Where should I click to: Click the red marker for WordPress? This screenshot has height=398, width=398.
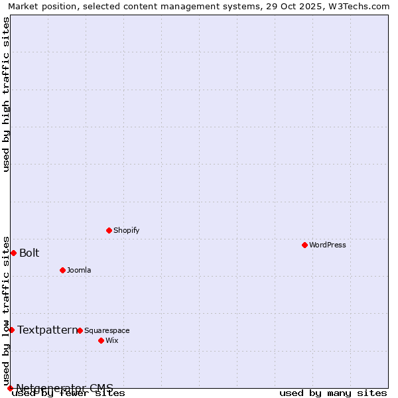[304, 245]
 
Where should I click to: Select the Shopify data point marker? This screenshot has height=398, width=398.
[109, 230]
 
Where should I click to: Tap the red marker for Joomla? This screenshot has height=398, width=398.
[62, 270]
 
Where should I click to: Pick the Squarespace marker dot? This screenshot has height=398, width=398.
[80, 330]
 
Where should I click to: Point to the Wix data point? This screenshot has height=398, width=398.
[101, 340]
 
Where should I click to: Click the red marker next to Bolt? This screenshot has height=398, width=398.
[13, 253]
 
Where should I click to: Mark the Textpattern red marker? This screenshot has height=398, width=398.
[11, 330]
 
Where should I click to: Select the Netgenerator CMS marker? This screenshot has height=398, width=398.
[10, 388]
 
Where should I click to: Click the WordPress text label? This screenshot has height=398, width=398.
[328, 245]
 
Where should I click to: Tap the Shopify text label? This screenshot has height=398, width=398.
[126, 230]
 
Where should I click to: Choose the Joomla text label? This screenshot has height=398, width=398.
[79, 270]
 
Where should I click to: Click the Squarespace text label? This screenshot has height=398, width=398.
[107, 330]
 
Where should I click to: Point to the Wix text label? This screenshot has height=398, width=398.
[111, 340]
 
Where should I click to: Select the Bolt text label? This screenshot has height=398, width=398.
[29, 253]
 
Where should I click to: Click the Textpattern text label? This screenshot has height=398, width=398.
[47, 330]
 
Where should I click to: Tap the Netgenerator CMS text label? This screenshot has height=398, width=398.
[64, 388]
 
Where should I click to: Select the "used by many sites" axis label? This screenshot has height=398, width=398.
[332, 393]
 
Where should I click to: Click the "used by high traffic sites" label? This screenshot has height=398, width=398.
[7, 94]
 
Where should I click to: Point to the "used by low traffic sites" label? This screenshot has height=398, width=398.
[7, 310]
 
